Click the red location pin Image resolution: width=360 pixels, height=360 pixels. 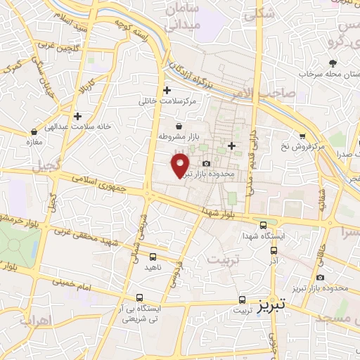tap(181, 166)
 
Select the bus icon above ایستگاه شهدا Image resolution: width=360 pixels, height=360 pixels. tap(263, 226)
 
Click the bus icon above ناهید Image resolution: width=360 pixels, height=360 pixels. tap(153, 257)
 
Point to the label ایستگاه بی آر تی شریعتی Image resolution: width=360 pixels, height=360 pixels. tap(140, 313)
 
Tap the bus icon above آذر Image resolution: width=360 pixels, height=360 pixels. tap(274, 249)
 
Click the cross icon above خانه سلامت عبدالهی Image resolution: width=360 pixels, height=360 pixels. tap(77, 116)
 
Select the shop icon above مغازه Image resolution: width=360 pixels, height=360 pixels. tap(34, 131)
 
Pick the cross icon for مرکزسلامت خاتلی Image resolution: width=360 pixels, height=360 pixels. tap(167, 90)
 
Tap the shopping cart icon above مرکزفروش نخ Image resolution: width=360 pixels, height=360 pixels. tap(302, 136)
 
